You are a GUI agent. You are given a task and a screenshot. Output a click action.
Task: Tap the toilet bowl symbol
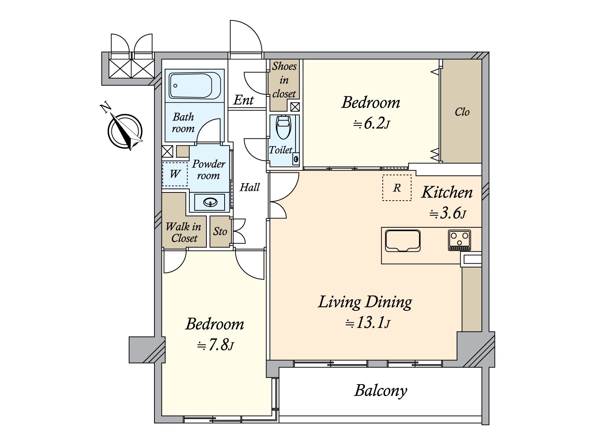point(284,127)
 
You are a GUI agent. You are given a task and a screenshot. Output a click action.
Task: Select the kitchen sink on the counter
point(402,241)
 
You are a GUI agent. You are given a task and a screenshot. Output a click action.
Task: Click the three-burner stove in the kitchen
point(459,240)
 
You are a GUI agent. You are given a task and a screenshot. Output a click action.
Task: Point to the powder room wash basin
point(210,202)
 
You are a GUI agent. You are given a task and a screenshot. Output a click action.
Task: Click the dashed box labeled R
point(397,188)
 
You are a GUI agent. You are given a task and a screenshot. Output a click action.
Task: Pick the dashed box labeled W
point(175,174)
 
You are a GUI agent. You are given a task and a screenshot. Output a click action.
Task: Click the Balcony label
point(381,391)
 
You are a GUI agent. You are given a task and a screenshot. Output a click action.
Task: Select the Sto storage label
point(220,231)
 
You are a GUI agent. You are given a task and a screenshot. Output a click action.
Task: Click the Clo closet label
point(462,112)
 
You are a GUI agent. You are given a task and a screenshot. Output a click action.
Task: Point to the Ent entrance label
point(243,100)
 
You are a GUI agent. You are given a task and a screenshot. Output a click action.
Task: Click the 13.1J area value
point(368,323)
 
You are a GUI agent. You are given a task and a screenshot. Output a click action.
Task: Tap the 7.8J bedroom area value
point(215,345)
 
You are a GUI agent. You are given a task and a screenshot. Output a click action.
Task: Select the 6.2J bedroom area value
point(372,124)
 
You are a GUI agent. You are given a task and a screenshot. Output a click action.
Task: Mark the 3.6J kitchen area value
point(448,214)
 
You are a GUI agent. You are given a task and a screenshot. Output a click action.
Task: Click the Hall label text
point(249,187)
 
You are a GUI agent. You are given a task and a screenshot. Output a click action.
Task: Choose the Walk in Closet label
point(183,233)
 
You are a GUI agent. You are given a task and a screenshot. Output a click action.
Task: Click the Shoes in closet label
point(284,80)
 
